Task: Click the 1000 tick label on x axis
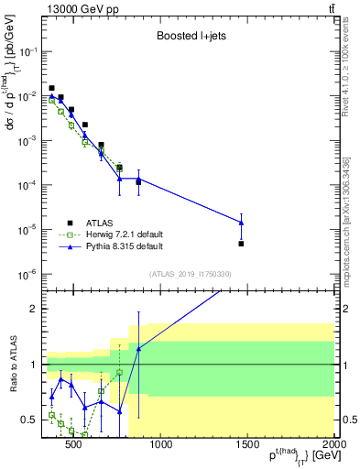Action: pyautogui.click(x=161, y=446)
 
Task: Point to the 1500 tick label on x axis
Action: pyautogui.click(x=247, y=446)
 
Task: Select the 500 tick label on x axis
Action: pyautogui.click(x=75, y=446)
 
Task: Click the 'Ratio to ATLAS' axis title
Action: pyautogui.click(x=12, y=364)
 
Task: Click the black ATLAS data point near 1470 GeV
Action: pyautogui.click(x=241, y=244)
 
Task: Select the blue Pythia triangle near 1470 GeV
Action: pyautogui.click(x=241, y=222)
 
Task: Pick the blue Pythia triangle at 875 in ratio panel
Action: pyautogui.click(x=138, y=349)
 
